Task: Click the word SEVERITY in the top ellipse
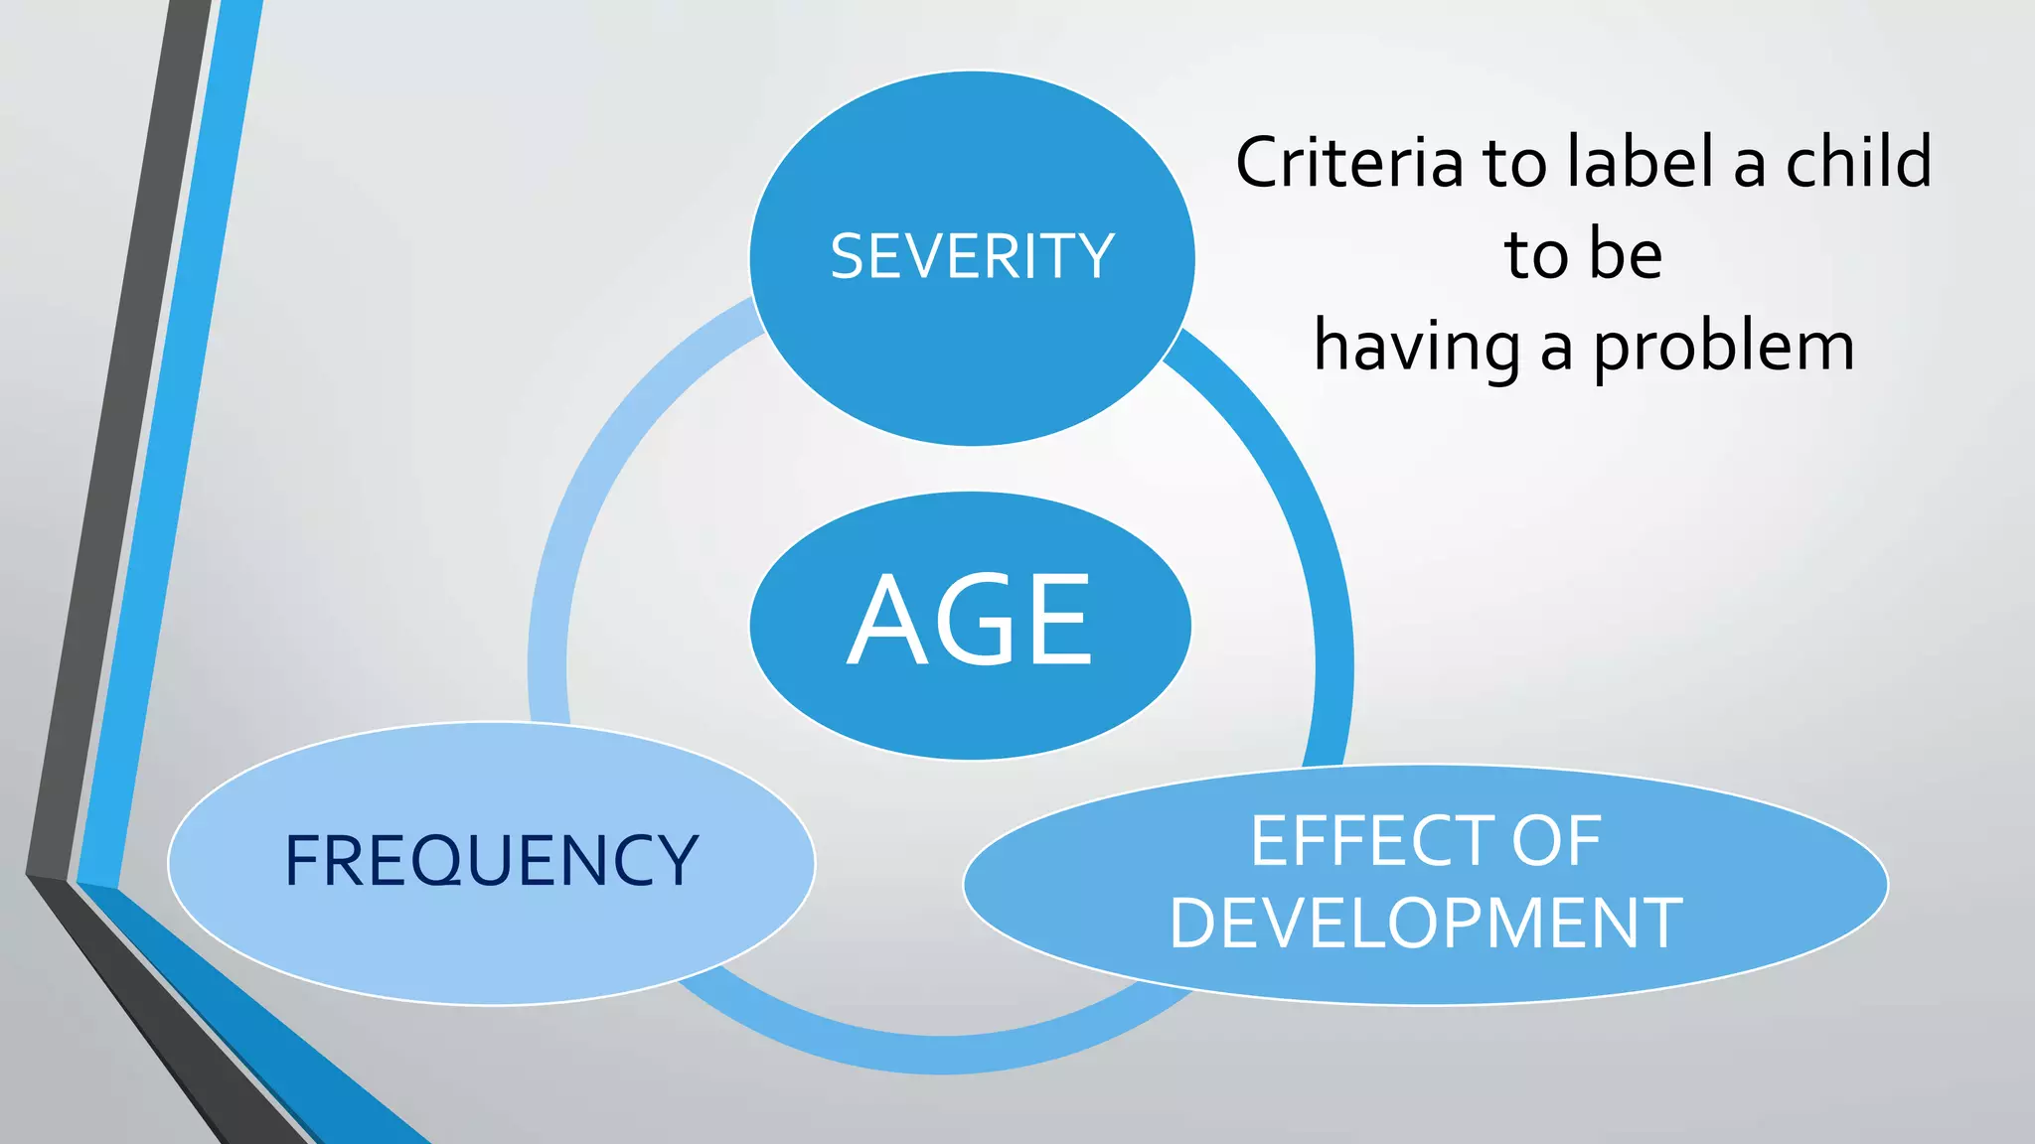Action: tap(972, 256)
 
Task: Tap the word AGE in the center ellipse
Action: tap(970, 622)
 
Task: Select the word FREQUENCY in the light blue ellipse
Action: tap(491, 861)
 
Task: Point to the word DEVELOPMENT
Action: tap(1425, 924)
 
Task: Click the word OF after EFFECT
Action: tap(1556, 841)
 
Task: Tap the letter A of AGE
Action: tap(889, 622)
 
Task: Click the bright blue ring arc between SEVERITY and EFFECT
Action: tap(1292, 497)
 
